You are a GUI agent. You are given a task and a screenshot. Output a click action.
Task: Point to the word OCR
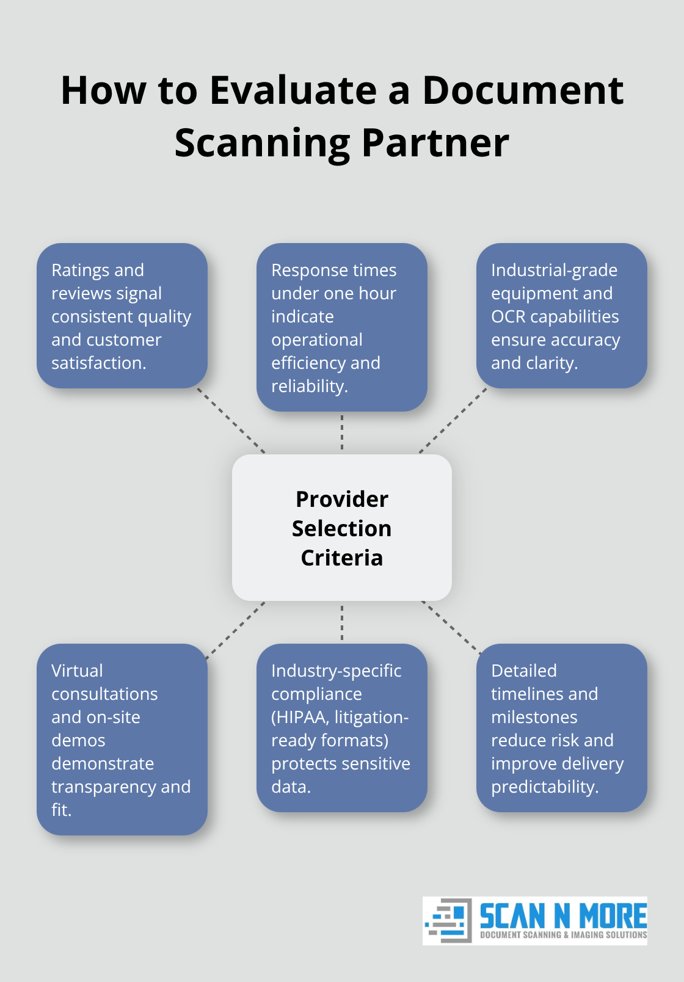(x=508, y=316)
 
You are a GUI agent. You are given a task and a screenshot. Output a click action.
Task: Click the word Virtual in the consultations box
(x=77, y=671)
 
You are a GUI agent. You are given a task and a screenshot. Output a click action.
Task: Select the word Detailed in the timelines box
(x=523, y=671)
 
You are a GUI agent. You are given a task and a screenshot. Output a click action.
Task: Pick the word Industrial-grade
(x=554, y=270)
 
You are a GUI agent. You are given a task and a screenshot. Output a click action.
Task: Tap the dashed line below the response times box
(x=342, y=432)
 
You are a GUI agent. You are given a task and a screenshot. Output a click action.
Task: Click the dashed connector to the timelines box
(x=451, y=628)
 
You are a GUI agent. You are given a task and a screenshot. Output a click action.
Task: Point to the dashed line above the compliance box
(x=342, y=622)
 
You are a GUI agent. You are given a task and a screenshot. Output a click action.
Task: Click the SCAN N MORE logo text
(x=563, y=916)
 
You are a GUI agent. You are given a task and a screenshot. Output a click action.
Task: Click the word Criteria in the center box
(x=341, y=558)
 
